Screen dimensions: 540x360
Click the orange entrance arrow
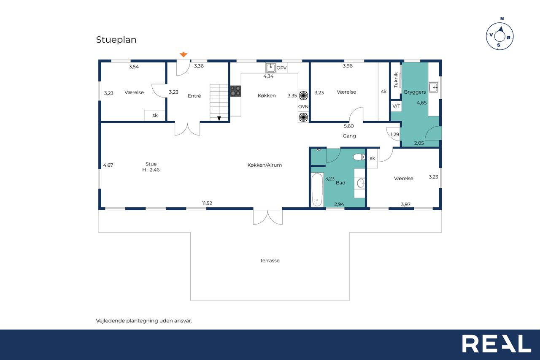[x=184, y=54]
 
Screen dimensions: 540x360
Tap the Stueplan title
[x=116, y=40]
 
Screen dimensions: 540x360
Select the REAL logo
[x=497, y=344]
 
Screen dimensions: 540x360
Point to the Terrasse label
[x=270, y=260]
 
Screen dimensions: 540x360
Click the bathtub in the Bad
[x=317, y=189]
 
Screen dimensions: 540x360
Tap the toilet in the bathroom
[x=359, y=157]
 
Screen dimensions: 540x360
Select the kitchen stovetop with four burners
[x=235, y=91]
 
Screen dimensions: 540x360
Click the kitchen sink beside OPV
[x=270, y=68]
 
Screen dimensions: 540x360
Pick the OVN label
[x=303, y=107]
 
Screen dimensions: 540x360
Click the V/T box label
[x=396, y=106]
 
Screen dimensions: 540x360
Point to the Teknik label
[x=396, y=80]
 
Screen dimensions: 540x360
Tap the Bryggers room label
[x=415, y=92]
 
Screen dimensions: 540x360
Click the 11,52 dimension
[x=207, y=203]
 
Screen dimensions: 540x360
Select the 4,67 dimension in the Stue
[x=108, y=165]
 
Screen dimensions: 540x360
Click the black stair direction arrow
[x=219, y=119]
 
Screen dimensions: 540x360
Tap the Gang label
[x=349, y=136]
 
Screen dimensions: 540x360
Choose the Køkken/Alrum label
[x=265, y=165]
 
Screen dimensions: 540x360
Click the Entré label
[x=194, y=96]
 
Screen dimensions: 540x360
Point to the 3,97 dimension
[x=405, y=204]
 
